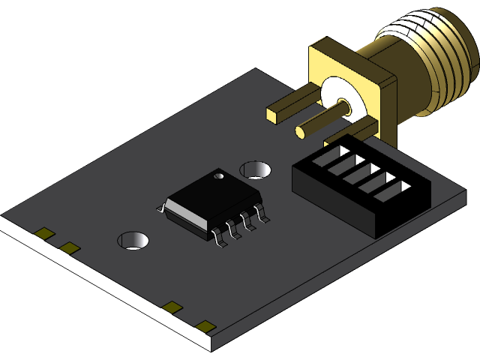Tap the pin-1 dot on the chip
pos(220,176)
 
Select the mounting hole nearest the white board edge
pos(133,240)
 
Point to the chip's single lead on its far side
pos(160,208)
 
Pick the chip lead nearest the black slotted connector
pos(262,215)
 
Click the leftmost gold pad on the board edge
pos(46,234)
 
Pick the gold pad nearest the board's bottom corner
pos(205,325)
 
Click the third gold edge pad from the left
pos(172,307)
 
